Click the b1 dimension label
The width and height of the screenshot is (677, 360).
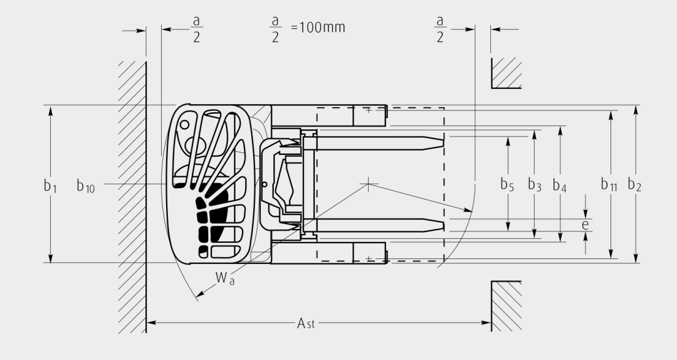[x=50, y=186]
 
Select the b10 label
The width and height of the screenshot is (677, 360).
[x=85, y=186]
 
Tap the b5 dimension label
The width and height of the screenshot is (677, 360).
[x=507, y=184]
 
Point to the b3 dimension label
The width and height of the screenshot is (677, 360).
[x=535, y=184]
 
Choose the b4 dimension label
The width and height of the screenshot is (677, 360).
[x=560, y=185]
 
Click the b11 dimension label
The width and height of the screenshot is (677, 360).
[x=609, y=184]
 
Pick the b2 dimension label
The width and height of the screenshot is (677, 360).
[x=634, y=184]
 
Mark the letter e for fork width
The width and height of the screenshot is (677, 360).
[x=585, y=225]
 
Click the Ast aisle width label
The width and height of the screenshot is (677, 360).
[x=306, y=323]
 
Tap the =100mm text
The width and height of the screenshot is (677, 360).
[x=318, y=28]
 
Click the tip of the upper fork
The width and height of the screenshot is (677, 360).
[x=444, y=140]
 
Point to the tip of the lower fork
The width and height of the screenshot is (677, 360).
[x=444, y=225]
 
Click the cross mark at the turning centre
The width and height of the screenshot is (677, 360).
[x=368, y=184]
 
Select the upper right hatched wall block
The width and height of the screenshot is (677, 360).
[x=506, y=73]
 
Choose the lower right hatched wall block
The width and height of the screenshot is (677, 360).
[x=506, y=306]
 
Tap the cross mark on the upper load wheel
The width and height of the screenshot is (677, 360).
[x=369, y=110]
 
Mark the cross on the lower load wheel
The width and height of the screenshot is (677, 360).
[x=369, y=259]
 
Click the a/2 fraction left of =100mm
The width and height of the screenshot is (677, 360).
[x=275, y=28]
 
